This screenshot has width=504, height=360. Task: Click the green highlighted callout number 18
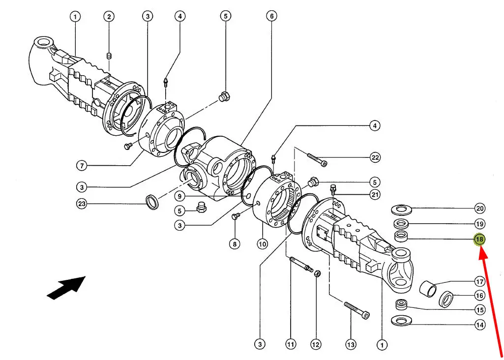pos(479,240)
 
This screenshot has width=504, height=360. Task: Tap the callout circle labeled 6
pos(271,16)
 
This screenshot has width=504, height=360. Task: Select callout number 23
pos(82,204)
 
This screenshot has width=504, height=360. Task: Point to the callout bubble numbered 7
pos(82,166)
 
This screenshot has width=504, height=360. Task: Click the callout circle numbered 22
pos(375,157)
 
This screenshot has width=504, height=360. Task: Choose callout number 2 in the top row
pos(109,16)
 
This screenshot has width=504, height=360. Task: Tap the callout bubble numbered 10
pos(262,244)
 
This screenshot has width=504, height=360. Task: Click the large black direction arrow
pos(66,287)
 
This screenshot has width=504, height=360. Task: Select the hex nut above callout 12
pos(316,273)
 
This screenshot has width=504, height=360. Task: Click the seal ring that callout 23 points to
pos(152,202)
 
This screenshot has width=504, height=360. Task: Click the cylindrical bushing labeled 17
pos(428,288)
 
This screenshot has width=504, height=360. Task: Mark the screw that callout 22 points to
pos(317,160)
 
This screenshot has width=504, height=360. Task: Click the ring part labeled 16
pos(446,299)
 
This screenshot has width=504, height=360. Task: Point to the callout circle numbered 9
pos(179,196)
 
